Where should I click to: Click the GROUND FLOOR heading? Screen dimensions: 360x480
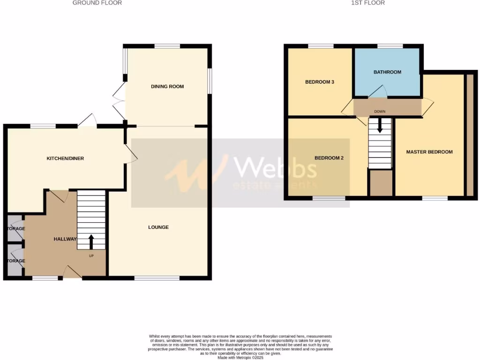pos(97,3)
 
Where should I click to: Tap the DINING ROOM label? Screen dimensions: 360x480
pos(167,87)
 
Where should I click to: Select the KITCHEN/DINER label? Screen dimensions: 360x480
pos(65,158)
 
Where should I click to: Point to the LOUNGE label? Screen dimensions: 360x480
pos(158,227)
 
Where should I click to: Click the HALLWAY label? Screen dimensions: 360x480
pos(65,239)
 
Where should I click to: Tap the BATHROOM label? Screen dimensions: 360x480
pos(387,72)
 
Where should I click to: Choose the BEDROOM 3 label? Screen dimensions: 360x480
pos(320,82)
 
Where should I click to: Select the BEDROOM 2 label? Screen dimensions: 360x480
pos(329,158)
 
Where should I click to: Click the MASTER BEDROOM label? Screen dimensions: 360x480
pos(429,152)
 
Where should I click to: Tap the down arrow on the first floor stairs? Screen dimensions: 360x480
pos(380,126)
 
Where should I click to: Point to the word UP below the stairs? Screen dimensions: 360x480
pos(91,256)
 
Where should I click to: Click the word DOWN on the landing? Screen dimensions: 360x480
pos(380,112)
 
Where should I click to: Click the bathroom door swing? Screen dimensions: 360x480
pos(378,91)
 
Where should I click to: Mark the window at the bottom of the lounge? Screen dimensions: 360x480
pos(157,278)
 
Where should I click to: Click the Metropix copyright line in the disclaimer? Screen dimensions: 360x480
pos(240,358)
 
